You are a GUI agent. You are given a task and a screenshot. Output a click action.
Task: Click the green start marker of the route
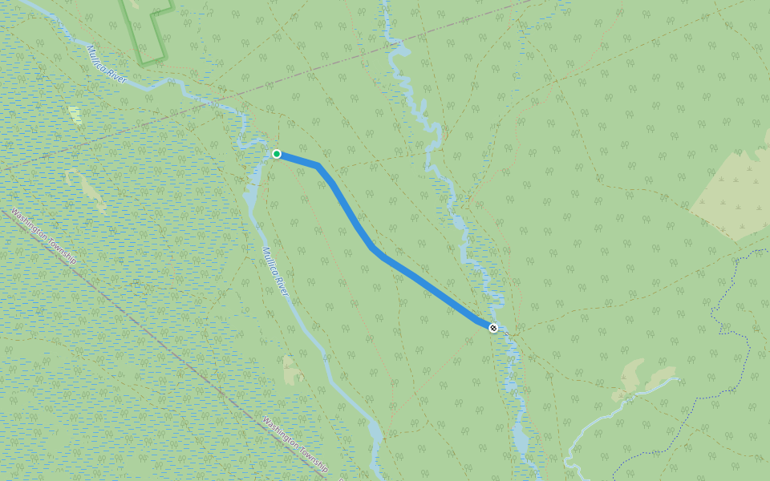(x=277, y=154)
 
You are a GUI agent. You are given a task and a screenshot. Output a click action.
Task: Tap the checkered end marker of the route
(x=493, y=328)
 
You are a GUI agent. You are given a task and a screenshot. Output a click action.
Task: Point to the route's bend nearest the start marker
(x=318, y=166)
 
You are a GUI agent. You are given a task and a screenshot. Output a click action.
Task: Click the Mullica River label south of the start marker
(x=275, y=271)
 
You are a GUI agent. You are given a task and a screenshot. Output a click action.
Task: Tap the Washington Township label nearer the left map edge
(x=43, y=237)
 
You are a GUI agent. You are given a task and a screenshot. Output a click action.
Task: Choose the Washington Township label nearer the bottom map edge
(x=296, y=443)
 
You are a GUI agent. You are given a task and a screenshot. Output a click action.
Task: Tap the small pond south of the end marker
(x=521, y=441)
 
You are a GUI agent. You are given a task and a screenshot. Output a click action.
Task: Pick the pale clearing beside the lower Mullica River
(x=291, y=370)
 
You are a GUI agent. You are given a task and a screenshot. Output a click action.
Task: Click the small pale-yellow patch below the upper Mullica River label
(x=75, y=115)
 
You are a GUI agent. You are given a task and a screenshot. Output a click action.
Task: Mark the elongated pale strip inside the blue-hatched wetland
(x=93, y=193)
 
